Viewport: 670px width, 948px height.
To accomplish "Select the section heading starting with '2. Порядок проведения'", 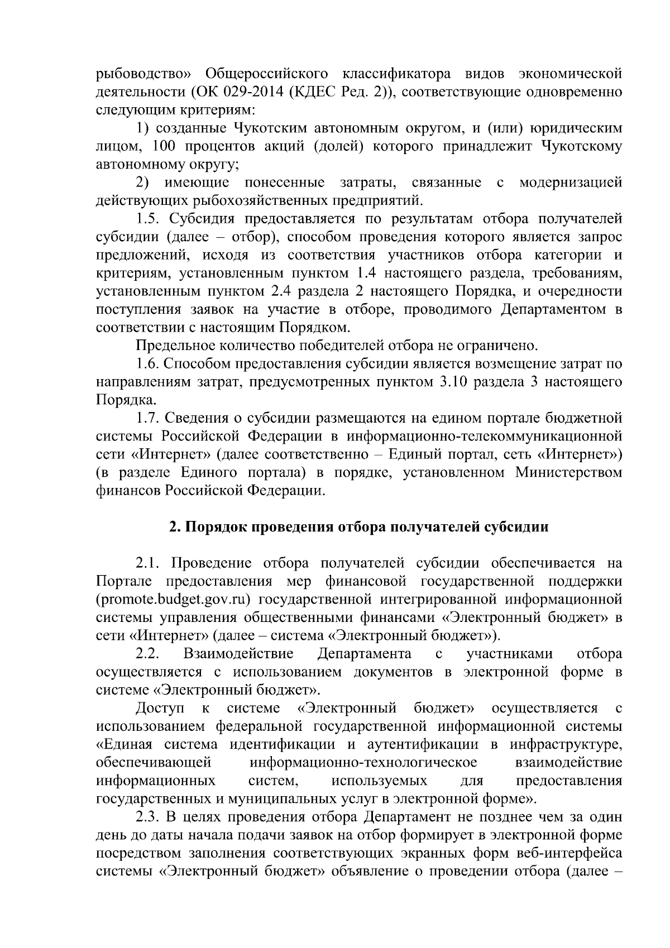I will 358,526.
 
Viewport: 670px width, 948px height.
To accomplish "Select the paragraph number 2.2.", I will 148,654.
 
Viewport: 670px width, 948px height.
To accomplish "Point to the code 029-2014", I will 250,92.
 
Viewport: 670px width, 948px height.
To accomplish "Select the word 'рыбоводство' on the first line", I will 143,73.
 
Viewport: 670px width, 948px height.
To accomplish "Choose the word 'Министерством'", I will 568,473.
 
